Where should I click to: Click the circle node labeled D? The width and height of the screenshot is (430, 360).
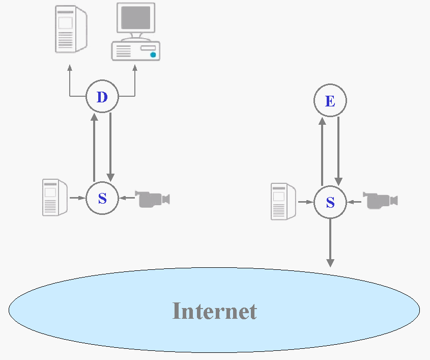coord(102,96)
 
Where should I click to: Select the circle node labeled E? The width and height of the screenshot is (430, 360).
coord(330,101)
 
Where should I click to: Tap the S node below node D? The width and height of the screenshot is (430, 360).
coord(102,198)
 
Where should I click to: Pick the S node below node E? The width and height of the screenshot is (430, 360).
coord(330,203)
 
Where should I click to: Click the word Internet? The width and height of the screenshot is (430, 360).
coord(214,311)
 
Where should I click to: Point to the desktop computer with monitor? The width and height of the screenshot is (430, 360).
coord(136,32)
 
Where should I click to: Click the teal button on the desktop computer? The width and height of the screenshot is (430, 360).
coord(153,54)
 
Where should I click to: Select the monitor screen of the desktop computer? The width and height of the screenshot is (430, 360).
coord(136,17)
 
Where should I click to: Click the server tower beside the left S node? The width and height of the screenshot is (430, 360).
coord(55,197)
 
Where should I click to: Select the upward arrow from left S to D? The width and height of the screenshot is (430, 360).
coord(94,148)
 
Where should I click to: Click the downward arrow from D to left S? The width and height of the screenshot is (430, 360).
coord(110,148)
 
